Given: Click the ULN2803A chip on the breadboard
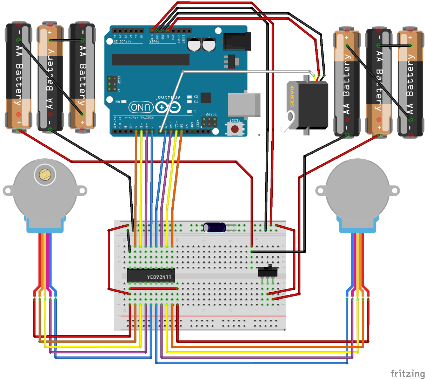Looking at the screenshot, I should (x=151, y=275).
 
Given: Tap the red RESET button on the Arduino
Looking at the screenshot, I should (x=235, y=129).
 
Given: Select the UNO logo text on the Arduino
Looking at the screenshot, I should (x=141, y=107).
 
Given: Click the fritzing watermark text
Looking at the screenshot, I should (x=407, y=373).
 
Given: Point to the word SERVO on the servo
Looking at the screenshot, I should (x=292, y=97).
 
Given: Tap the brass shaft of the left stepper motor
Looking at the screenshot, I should (x=45, y=174).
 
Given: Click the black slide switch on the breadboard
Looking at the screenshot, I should (x=268, y=271).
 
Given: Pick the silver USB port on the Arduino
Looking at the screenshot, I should (x=244, y=105).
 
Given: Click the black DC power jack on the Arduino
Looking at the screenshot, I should (x=237, y=41).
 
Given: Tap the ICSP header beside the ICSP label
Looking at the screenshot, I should (x=112, y=84).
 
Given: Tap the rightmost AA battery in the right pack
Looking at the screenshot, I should (x=410, y=82).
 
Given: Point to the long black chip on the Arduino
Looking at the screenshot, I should (x=151, y=59).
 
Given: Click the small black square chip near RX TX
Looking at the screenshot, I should (x=206, y=98).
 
